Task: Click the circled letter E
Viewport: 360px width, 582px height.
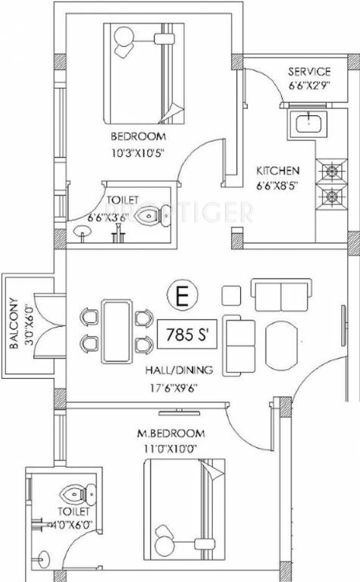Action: point(182,295)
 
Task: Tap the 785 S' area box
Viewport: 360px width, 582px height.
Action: point(187,334)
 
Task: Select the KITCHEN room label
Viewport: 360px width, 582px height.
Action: point(278,171)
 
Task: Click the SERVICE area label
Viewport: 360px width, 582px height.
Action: point(309,71)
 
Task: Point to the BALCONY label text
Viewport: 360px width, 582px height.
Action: point(14,323)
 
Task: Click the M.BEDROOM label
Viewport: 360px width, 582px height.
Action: point(171,433)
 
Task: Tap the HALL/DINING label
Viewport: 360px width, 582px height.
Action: point(179,370)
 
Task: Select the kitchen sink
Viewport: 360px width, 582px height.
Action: point(308,124)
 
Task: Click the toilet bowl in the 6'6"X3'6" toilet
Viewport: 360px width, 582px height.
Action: point(153,216)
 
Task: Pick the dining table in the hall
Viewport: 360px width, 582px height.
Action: point(117,331)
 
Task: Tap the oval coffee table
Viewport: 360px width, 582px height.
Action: point(282,346)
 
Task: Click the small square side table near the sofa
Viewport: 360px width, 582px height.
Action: point(231,296)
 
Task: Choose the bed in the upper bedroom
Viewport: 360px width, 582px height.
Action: point(144,74)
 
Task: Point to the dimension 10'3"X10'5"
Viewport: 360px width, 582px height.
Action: point(138,153)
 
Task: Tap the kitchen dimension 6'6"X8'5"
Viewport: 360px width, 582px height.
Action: point(277,185)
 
